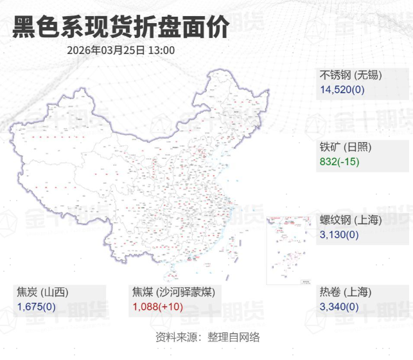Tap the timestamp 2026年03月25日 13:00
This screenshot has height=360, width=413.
click(x=121, y=50)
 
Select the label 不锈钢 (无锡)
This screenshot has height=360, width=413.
click(x=351, y=75)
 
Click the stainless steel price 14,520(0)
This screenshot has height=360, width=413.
click(x=342, y=89)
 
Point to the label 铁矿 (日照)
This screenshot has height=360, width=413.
click(x=346, y=147)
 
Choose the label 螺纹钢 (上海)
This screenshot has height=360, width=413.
click(x=351, y=220)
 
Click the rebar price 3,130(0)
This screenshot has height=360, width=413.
click(x=339, y=235)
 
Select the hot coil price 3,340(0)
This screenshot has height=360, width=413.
click(x=339, y=307)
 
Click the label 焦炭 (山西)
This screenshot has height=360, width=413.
click(x=42, y=292)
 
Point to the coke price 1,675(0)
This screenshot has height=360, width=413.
click(x=37, y=307)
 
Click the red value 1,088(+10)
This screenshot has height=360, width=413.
click(x=158, y=307)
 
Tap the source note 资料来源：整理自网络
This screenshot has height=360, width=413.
click(x=207, y=337)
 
